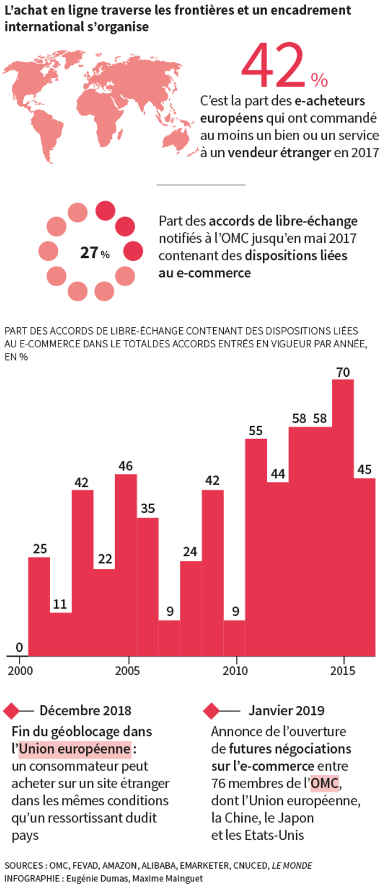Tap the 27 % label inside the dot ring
(x=95, y=252)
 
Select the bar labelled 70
(x=343, y=517)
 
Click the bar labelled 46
(x=126, y=564)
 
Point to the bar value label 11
(x=60, y=604)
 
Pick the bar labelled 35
(x=148, y=586)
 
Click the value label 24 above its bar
(x=190, y=552)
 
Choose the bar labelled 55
(x=256, y=547)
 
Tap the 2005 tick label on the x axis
(x=127, y=671)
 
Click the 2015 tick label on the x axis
(x=342, y=671)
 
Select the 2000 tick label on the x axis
(x=20, y=671)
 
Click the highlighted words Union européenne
(x=75, y=749)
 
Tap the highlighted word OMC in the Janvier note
(x=325, y=784)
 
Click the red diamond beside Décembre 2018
(x=11, y=710)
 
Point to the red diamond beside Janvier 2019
(x=211, y=710)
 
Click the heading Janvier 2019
(x=286, y=710)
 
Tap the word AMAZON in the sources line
(x=119, y=865)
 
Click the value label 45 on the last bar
(x=365, y=470)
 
